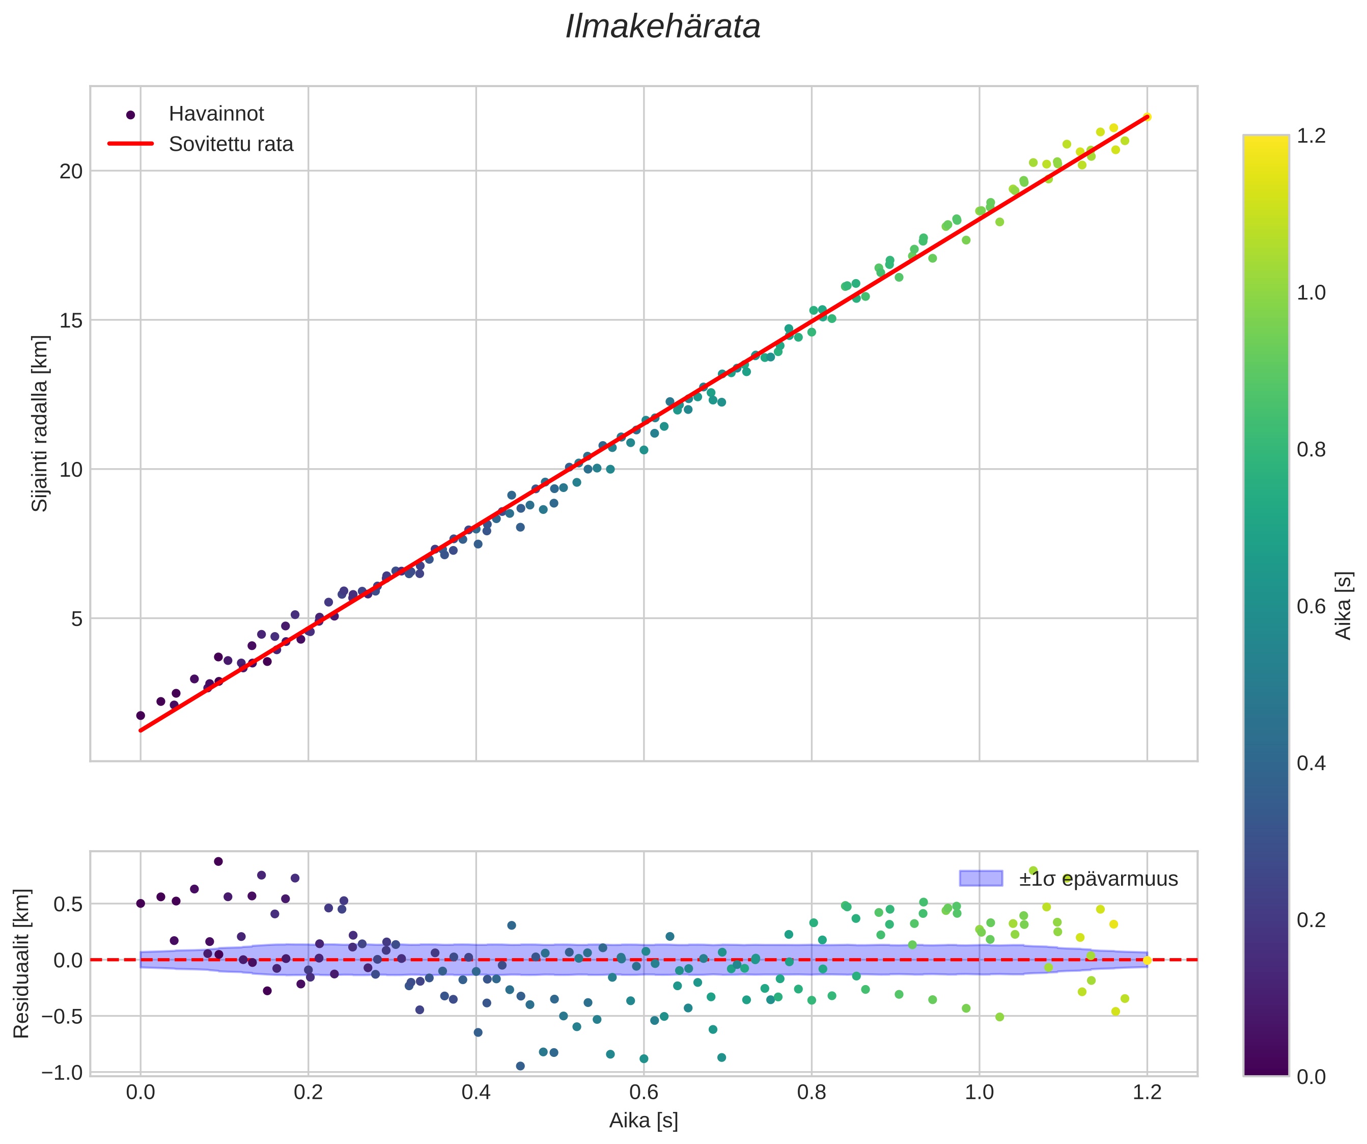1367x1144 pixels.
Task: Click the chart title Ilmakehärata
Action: click(663, 28)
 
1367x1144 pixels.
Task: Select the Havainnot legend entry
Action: click(216, 114)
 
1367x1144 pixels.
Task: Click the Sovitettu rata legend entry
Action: click(231, 144)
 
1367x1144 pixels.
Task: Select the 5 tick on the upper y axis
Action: click(77, 618)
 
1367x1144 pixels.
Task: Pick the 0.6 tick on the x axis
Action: click(644, 1092)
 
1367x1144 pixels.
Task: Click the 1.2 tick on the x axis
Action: click(1147, 1092)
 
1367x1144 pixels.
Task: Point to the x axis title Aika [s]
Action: click(644, 1121)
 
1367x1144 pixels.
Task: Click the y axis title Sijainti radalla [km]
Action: click(40, 423)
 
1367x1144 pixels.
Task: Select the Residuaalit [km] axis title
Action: click(21, 963)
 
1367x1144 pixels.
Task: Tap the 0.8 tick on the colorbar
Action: click(1310, 450)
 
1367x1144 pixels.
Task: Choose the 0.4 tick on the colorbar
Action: click(1310, 763)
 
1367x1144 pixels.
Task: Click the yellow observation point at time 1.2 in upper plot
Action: click(1147, 117)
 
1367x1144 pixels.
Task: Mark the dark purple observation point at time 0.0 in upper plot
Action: click(141, 716)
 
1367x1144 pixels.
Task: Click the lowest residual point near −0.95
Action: click(520, 1066)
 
